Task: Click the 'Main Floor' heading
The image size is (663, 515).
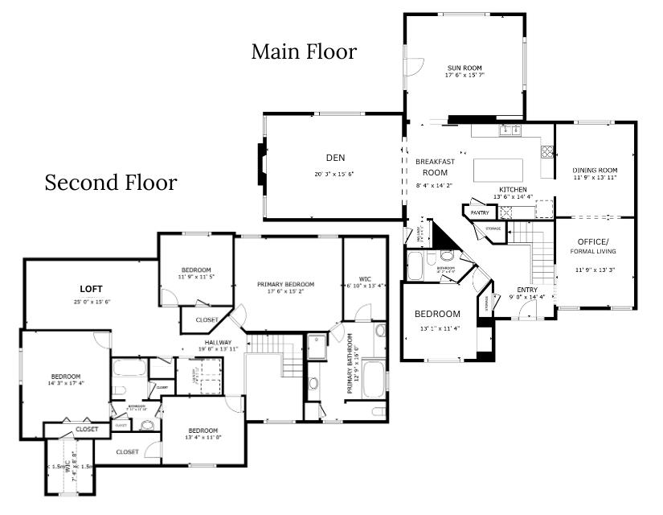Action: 304,52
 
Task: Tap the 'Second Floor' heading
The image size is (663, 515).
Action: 110,183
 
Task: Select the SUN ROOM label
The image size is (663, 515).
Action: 465,67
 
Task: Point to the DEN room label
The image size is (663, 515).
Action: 334,158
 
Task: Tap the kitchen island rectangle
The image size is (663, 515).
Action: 498,170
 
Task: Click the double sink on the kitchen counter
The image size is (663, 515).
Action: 509,130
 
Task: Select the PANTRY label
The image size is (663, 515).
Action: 480,212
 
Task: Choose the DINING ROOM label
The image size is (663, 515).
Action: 595,170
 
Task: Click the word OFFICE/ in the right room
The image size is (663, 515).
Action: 594,242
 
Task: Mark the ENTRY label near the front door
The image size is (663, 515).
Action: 527,290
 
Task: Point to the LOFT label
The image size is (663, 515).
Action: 91,288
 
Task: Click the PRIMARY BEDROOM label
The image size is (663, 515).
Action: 285,284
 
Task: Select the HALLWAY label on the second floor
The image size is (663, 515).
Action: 218,342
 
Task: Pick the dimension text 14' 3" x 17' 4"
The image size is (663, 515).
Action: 66,384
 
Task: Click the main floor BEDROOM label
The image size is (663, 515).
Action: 437,314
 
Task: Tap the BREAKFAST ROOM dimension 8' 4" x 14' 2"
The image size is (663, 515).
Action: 435,185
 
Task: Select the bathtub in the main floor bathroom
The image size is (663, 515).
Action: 420,264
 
